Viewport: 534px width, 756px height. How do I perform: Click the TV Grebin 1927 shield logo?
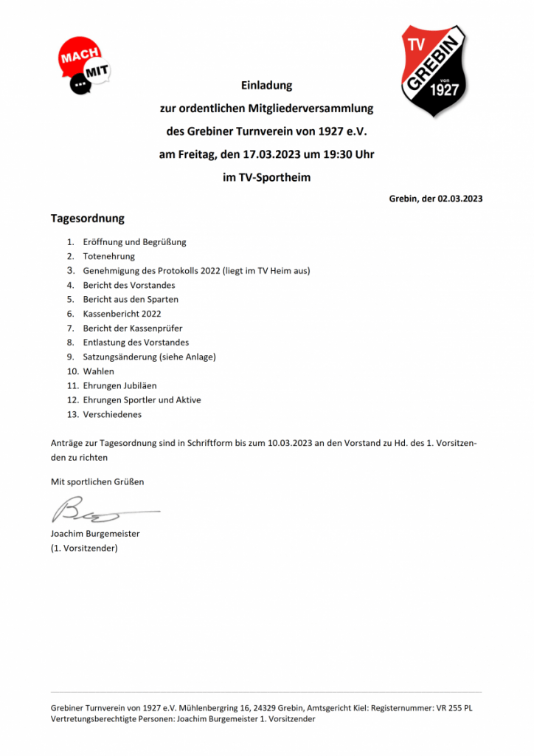pyautogui.click(x=434, y=71)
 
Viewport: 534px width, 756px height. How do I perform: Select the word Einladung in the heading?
pyautogui.click(x=267, y=85)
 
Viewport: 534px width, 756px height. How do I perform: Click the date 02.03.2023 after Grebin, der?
pyautogui.click(x=460, y=199)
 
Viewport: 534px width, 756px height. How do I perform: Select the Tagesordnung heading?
pyautogui.click(x=87, y=219)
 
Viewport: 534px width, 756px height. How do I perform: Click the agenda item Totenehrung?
pyautogui.click(x=108, y=256)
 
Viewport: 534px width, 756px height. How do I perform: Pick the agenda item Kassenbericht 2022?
pyautogui.click(x=122, y=314)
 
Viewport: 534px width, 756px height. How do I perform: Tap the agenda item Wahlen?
pyautogui.click(x=98, y=371)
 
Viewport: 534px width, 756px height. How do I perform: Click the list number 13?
pyautogui.click(x=72, y=414)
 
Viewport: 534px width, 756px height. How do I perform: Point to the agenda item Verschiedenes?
pyautogui.click(x=112, y=414)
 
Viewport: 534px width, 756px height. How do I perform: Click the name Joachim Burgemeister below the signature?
pyautogui.click(x=95, y=534)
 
